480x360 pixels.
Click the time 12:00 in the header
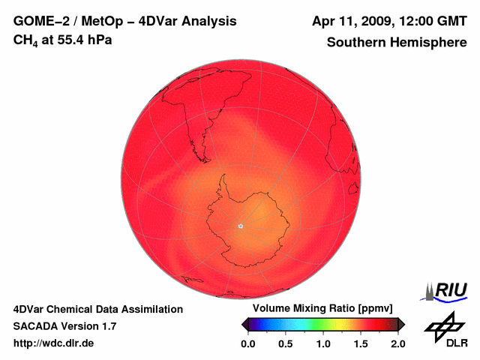point(421,21)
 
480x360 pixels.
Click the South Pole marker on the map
point(240,226)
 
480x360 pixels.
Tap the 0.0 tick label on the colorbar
point(248,343)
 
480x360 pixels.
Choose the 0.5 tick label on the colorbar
point(286,343)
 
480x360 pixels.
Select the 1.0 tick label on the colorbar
point(323,343)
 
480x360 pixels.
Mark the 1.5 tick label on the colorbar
point(361,343)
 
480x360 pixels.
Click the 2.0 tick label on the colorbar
point(398,343)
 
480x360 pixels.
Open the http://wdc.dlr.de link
point(54,343)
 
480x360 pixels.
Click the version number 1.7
point(108,326)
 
